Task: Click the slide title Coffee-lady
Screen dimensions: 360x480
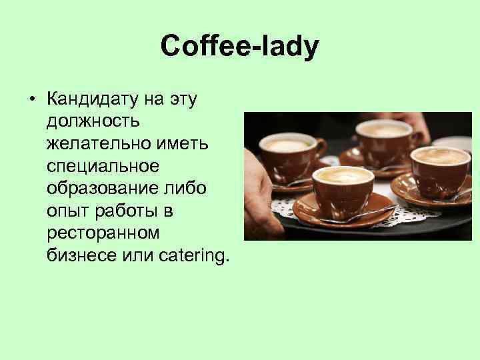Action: [240, 47]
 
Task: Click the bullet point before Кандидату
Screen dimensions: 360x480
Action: [31, 101]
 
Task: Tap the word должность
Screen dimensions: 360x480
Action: [93, 122]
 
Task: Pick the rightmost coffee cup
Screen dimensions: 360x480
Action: [440, 171]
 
